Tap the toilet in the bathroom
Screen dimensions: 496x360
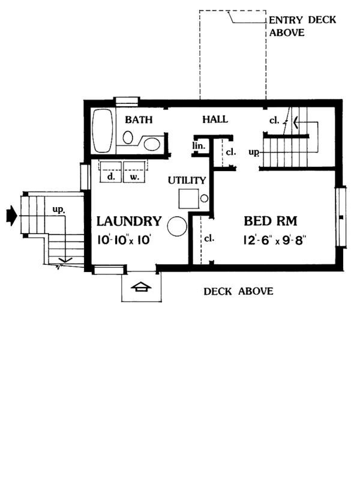pos(128,138)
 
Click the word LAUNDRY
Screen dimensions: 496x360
pos(128,221)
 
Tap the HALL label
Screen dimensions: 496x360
pos(214,119)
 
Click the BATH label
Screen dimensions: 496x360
pos(137,119)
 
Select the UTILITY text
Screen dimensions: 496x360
pos(187,180)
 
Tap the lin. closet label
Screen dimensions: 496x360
pos(199,146)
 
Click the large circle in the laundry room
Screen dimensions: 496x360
pos(178,226)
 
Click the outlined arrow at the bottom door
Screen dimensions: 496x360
pos(141,288)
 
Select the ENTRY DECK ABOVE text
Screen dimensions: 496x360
pos(302,26)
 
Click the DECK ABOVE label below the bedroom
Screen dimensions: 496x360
pos(238,292)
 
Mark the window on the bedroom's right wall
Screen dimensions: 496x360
pos(341,217)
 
